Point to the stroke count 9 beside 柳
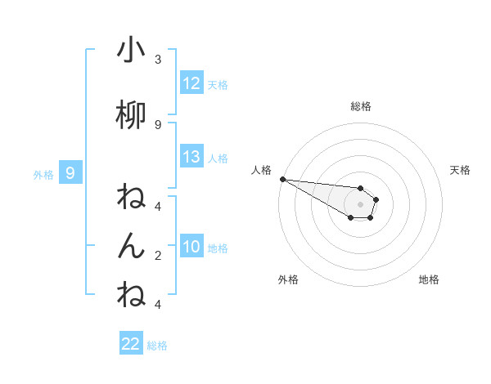point(158,124)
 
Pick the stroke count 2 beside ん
point(158,255)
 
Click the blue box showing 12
point(191,83)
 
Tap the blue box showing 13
point(191,157)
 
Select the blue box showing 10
point(191,247)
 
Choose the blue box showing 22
point(131,344)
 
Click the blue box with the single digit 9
point(70,172)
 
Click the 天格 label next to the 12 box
point(218,84)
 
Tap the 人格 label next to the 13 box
point(218,158)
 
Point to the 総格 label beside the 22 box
point(157,345)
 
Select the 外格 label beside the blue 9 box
point(43,173)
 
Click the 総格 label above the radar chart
point(361,106)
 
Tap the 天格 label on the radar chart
point(461,170)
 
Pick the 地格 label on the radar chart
point(429,279)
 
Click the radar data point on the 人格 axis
point(282,179)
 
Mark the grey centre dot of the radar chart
point(361,204)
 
